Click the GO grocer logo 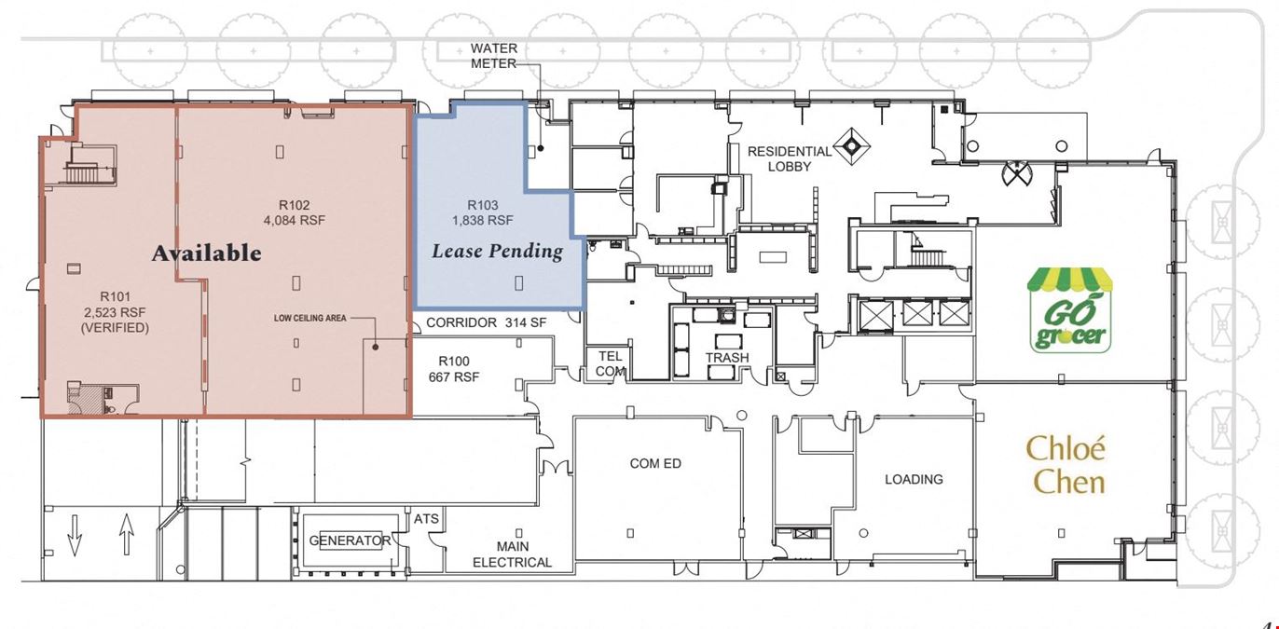[x=1069, y=310]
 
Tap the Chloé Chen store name [x=1066, y=465]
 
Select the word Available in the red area [x=207, y=253]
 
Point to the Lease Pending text [x=497, y=252]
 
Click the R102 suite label [x=294, y=206]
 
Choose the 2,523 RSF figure [x=115, y=312]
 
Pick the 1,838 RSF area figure [x=483, y=220]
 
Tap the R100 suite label [x=454, y=362]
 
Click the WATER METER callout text [x=494, y=56]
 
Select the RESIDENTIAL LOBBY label [x=790, y=159]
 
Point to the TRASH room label [x=727, y=358]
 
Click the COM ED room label [x=655, y=463]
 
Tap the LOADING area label [x=914, y=480]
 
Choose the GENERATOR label [x=350, y=540]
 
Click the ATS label [x=427, y=519]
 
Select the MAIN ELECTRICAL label [x=512, y=554]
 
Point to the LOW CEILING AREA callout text [x=310, y=318]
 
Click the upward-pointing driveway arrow [x=126, y=534]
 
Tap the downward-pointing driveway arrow [x=75, y=534]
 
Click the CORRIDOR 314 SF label [x=487, y=322]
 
